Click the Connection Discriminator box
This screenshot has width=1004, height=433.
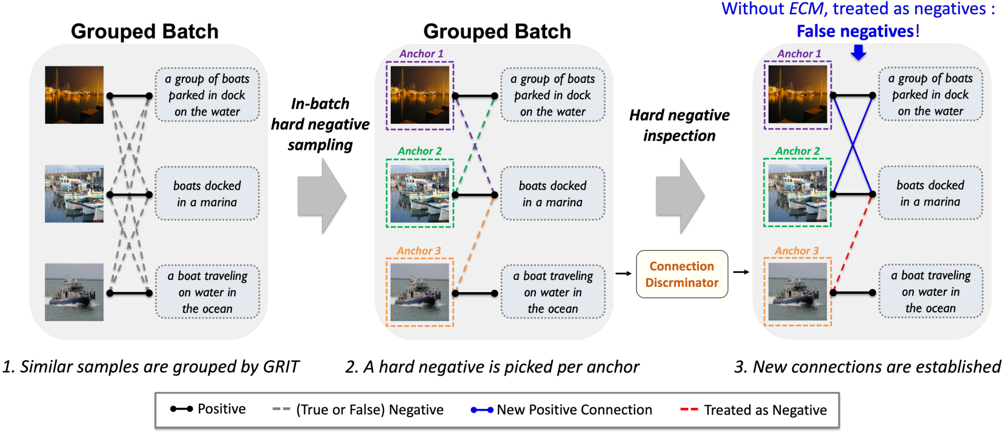tap(681, 274)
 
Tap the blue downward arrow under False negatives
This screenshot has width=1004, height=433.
tap(858, 52)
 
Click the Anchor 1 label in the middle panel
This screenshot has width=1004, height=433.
tap(421, 54)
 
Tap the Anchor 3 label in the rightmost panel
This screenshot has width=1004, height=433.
tap(796, 251)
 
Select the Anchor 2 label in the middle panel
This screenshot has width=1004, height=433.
tap(420, 151)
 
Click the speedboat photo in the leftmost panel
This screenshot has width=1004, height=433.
tap(74, 292)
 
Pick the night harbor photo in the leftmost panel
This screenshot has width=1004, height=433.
tap(74, 95)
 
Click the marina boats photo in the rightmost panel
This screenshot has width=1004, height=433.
tap(798, 193)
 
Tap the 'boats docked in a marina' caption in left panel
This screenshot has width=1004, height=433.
tap(207, 194)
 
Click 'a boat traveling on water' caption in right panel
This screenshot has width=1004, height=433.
tap(930, 292)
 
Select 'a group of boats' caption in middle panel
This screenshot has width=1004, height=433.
tap(552, 95)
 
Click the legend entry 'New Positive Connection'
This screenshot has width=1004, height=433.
tap(574, 410)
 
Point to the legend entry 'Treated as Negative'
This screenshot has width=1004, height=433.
tap(765, 410)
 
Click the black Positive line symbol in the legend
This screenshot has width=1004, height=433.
tap(181, 409)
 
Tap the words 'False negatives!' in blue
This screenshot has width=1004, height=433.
tap(857, 31)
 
